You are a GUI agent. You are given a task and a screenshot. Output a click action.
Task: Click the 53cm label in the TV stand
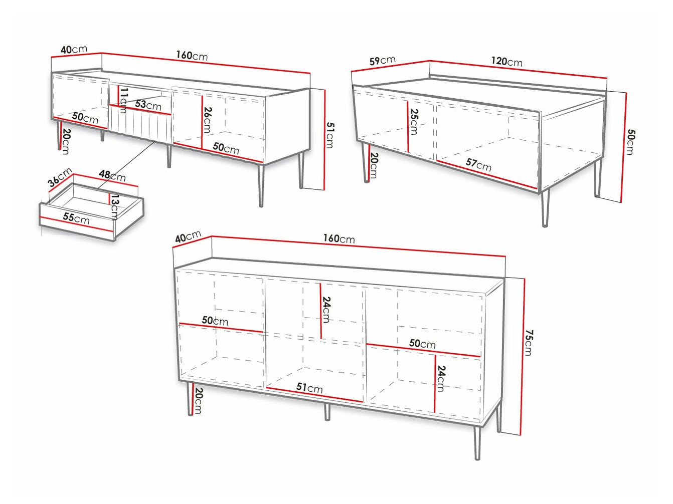pos(148,105)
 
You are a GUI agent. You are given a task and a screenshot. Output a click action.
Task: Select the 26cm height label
pos(207,120)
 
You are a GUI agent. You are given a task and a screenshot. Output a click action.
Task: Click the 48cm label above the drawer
pos(112,176)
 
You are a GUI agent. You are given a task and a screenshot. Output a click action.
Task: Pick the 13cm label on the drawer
pos(115,207)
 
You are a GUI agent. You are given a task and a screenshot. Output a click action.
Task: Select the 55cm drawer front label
pos(76,218)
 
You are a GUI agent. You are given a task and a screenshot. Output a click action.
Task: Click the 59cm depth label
pos(382,61)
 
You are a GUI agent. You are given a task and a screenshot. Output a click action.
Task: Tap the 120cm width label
pos(507,62)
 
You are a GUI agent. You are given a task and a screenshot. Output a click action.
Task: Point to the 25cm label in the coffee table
pos(414,122)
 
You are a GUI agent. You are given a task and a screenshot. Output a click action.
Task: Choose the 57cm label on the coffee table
pos(478,164)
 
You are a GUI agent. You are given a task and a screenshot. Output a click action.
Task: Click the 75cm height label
pos(529,343)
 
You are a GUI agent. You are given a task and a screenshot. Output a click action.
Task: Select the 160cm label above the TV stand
pos(192,56)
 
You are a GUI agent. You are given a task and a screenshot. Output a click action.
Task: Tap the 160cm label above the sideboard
pos(339,239)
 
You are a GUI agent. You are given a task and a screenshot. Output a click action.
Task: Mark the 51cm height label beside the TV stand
pos(329,135)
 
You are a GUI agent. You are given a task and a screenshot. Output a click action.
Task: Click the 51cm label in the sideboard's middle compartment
pos(309,388)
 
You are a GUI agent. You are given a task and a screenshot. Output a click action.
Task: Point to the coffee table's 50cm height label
pos(631,142)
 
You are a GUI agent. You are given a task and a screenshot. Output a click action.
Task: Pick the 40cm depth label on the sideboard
pos(188,236)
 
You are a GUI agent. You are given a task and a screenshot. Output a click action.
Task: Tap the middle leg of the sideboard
pos(327,411)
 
